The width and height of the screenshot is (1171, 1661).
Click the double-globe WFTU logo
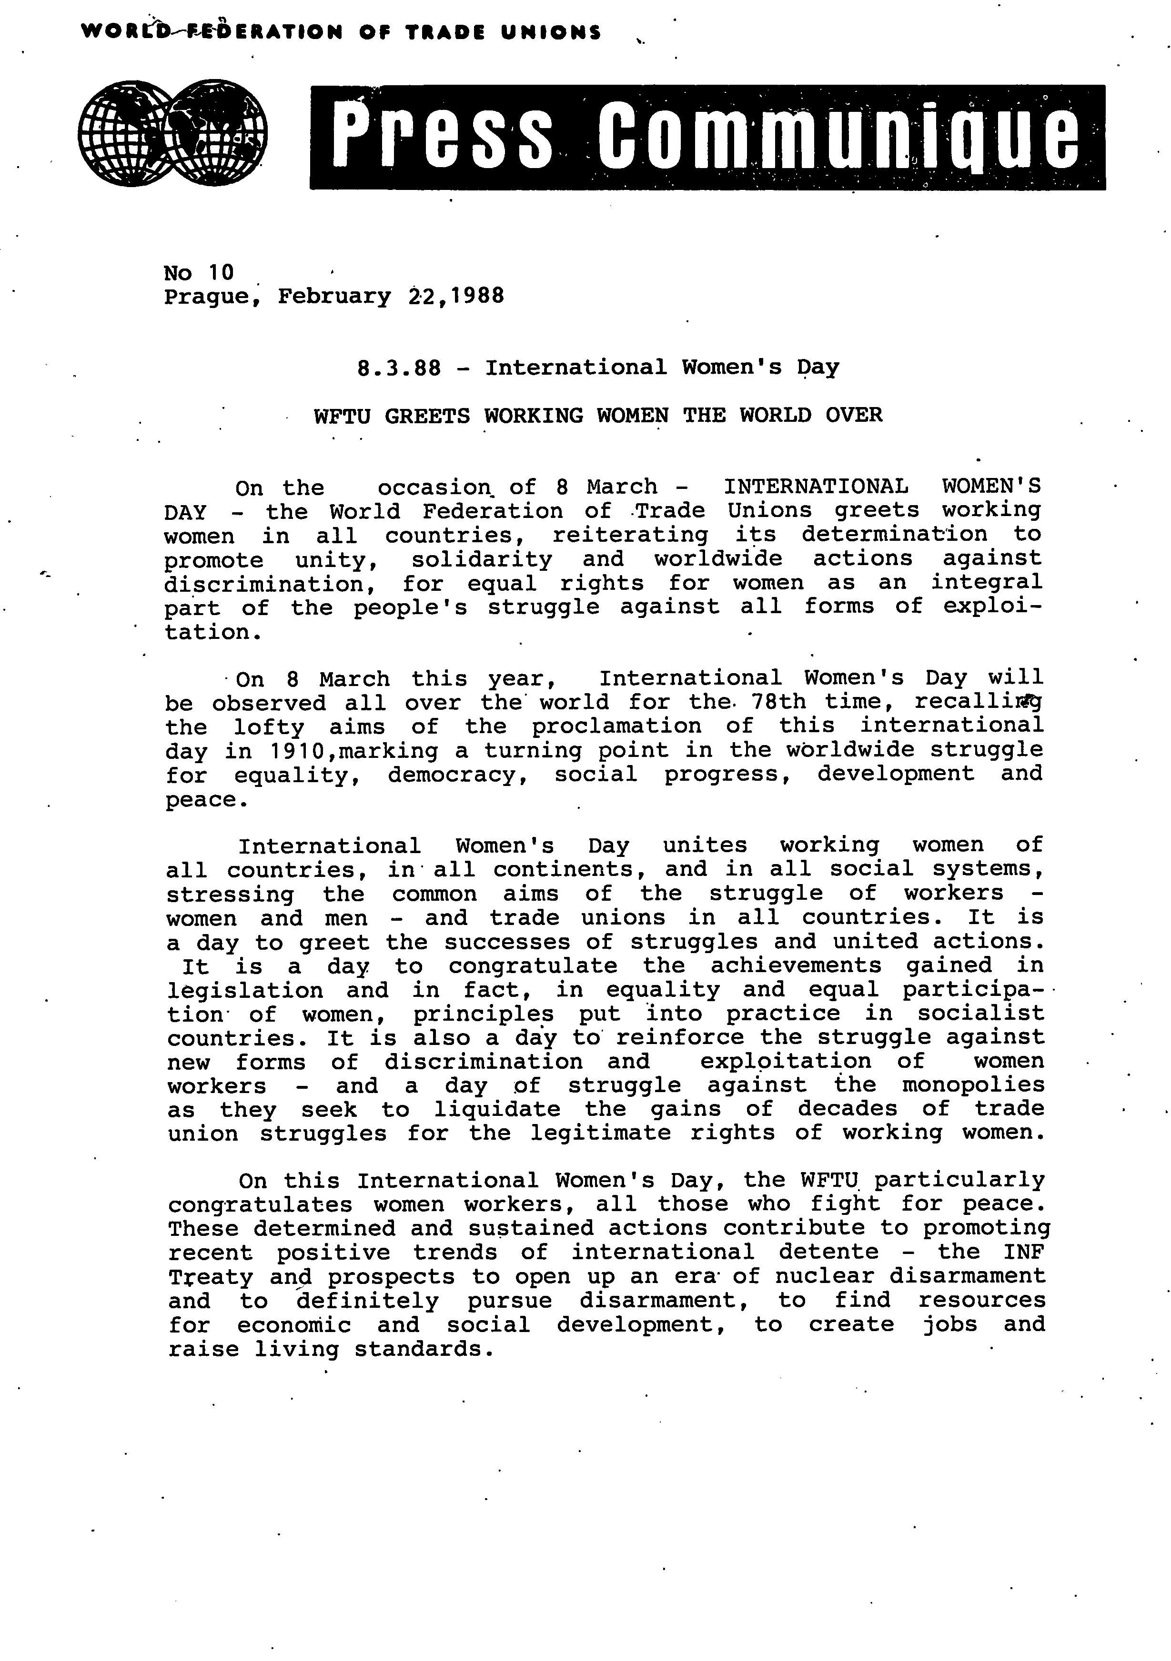point(172,133)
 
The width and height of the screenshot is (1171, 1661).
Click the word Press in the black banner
point(444,137)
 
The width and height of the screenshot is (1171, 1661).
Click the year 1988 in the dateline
point(476,296)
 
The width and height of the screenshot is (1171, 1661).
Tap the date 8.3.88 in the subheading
point(399,368)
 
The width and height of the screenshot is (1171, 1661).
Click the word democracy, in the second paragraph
point(462,775)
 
